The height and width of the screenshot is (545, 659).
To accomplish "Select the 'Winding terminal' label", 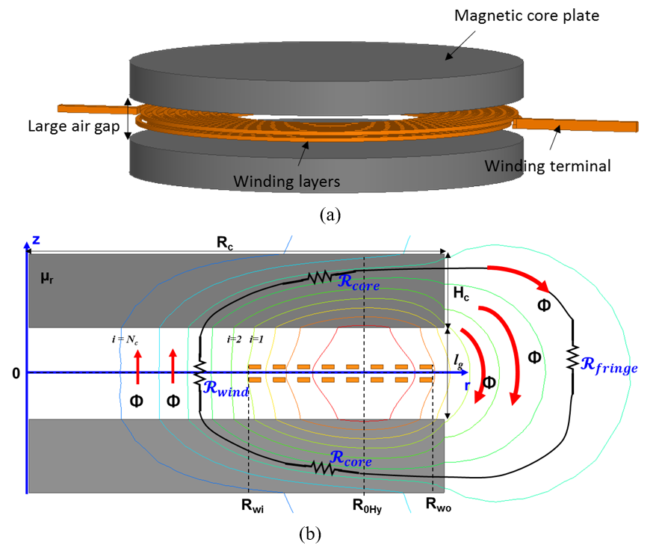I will click(x=548, y=166).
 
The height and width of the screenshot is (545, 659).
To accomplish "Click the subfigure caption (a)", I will click(x=330, y=215).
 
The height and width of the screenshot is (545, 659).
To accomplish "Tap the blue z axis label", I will click(x=34, y=241).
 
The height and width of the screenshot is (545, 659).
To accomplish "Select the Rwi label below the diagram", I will click(x=253, y=505).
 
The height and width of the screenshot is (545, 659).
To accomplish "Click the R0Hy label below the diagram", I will click(x=367, y=505).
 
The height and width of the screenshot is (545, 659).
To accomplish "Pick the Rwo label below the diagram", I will click(x=438, y=505).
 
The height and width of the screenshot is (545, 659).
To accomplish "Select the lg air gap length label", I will click(x=458, y=359).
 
